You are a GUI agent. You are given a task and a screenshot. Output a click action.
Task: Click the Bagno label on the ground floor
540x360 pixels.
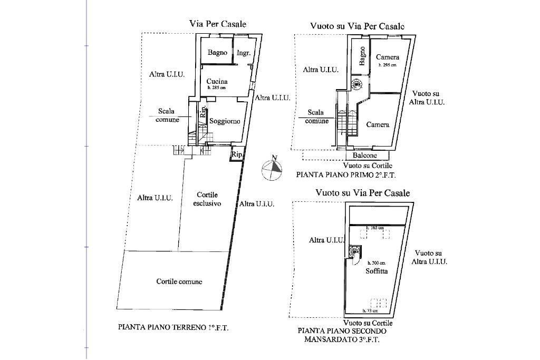click(217, 52)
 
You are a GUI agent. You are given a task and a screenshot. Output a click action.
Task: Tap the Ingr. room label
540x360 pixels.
click(243, 53)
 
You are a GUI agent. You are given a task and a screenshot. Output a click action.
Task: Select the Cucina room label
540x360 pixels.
click(217, 81)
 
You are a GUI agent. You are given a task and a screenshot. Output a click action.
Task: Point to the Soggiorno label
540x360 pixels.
click(225, 121)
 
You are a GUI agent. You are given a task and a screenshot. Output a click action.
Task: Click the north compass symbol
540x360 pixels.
click(272, 169)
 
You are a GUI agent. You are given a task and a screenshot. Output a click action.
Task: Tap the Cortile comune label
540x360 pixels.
click(179, 281)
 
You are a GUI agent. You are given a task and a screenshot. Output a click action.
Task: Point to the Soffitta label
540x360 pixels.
click(377, 271)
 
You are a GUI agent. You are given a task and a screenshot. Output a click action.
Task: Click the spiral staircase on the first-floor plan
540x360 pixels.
click(356, 83)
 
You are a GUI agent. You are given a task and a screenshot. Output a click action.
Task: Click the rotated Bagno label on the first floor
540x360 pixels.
click(363, 56)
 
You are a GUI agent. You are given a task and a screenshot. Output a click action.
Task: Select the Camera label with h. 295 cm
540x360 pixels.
click(388, 57)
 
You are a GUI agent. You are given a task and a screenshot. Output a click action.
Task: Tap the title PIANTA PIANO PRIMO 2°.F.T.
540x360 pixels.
click(345, 174)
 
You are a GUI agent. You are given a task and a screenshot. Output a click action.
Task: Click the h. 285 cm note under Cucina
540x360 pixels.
click(217, 88)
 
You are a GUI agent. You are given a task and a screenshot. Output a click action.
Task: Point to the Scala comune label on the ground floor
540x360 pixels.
click(167, 115)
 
